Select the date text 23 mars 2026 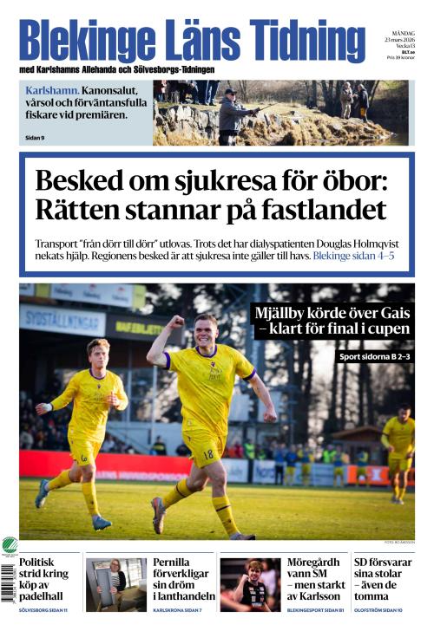point(399,40)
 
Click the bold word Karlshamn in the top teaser point(53,90)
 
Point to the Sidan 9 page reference point(35,137)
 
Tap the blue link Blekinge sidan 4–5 point(354,257)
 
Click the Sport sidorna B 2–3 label point(372,356)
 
